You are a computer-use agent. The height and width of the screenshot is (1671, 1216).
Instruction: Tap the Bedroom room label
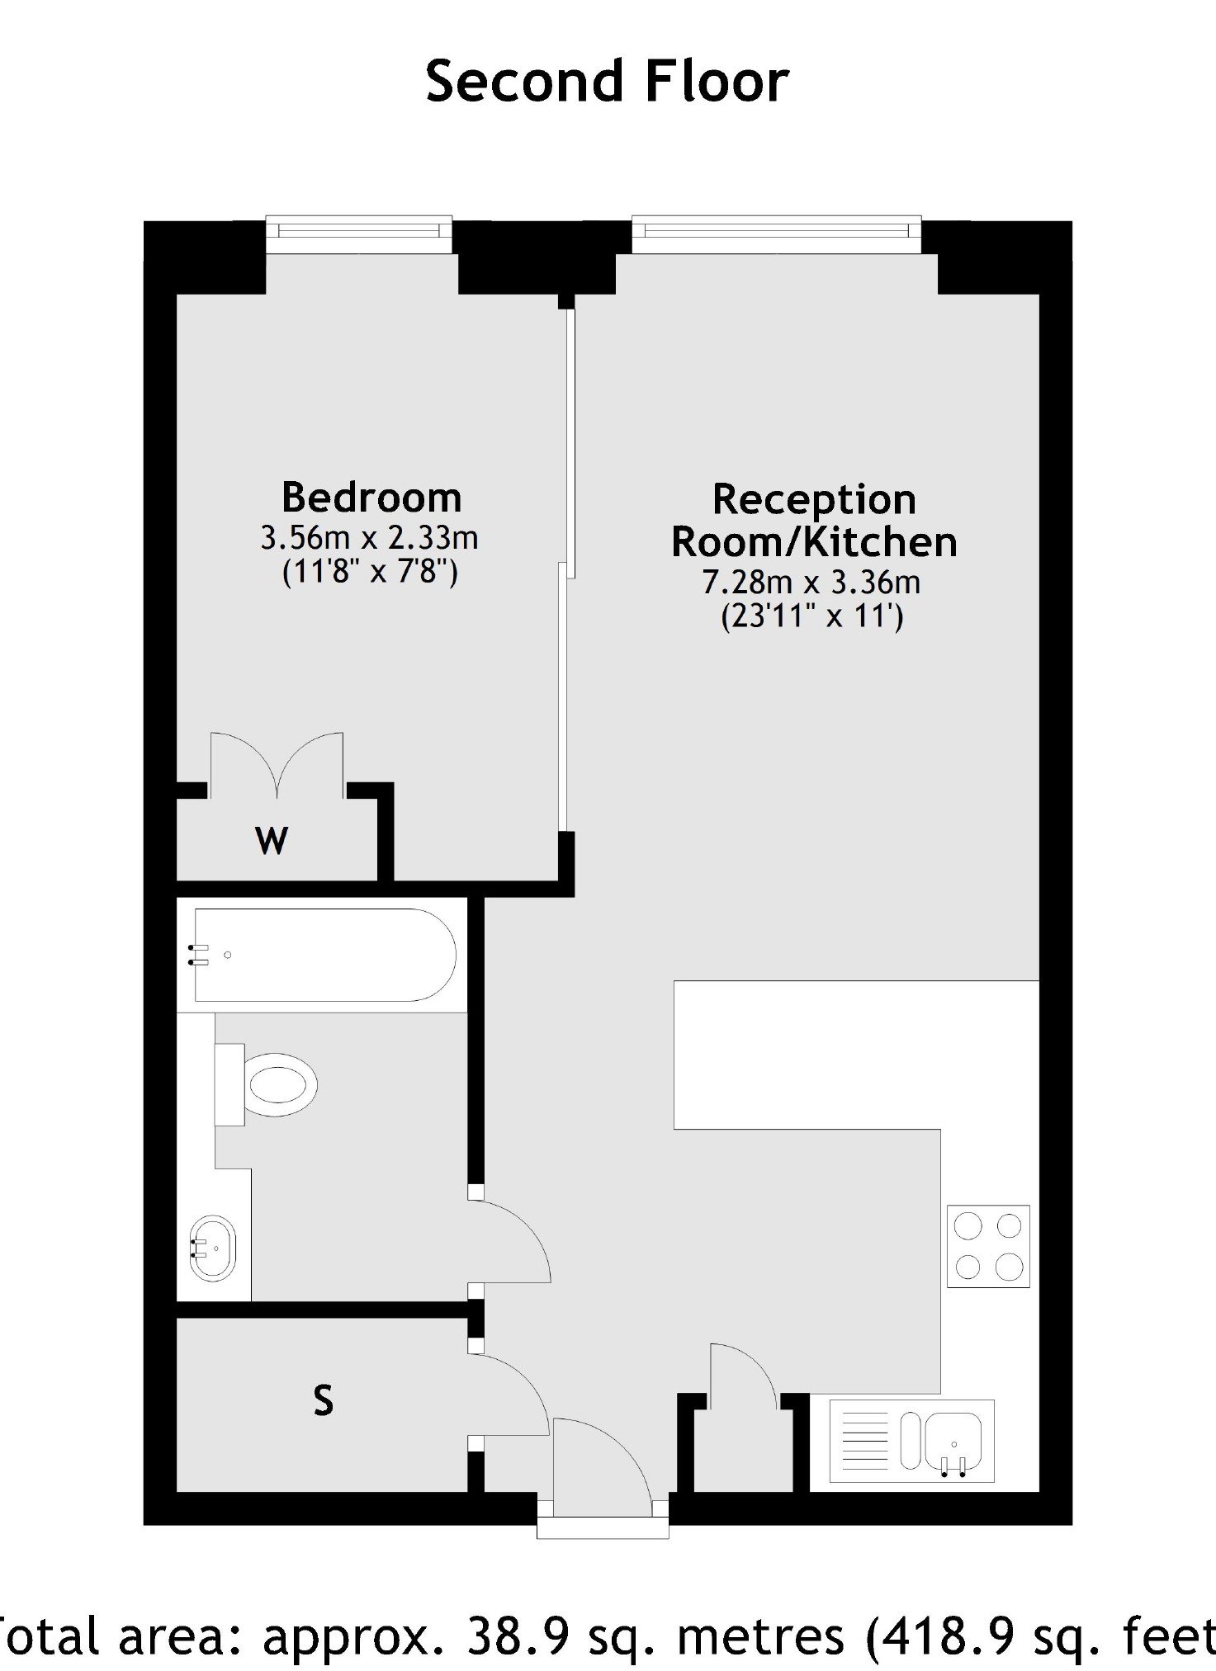coord(371,498)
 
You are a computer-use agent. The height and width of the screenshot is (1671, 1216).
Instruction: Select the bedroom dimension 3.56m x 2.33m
coord(370,538)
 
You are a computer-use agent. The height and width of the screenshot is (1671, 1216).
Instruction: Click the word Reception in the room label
coord(814,499)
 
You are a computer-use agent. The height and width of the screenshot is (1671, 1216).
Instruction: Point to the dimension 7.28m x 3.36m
coord(811,583)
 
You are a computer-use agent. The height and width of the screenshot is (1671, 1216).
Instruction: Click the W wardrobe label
coord(272,841)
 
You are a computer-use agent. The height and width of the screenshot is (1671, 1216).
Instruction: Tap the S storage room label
coord(324,1400)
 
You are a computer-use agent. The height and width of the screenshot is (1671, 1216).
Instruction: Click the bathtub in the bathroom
coord(323,955)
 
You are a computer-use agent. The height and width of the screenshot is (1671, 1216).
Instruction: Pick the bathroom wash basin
coord(213,1248)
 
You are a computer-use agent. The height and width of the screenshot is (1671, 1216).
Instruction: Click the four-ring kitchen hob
coord(988,1246)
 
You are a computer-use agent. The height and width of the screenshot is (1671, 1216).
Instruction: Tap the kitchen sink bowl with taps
coord(953,1440)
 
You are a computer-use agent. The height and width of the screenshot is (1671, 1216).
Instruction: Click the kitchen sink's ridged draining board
coord(864,1440)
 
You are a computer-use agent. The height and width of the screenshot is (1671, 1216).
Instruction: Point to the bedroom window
coord(359,235)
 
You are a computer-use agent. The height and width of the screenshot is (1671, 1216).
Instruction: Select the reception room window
coord(777,235)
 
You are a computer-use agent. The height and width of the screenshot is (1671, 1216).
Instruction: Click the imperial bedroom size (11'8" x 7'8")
coord(370,572)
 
